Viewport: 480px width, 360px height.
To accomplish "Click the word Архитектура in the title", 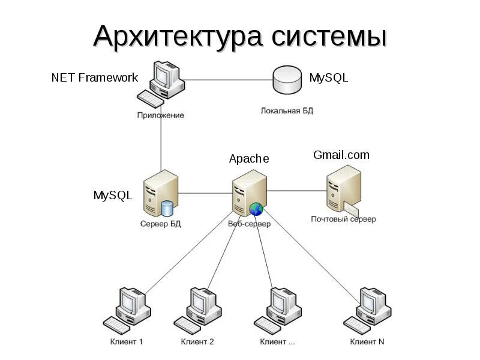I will pos(178,37).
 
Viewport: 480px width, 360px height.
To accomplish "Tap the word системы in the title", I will pos(329,37).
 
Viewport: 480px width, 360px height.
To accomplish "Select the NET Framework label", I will pos(95,78).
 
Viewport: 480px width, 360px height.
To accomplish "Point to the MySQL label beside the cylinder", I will pos(328,78).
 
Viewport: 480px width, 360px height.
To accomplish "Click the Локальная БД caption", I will pos(287,111).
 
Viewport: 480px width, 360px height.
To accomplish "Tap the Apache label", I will pos(249,159).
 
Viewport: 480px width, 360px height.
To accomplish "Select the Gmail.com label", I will pos(341,155).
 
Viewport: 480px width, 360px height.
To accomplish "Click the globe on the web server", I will pos(256,209).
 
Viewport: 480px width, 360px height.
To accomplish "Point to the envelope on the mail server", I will pos(350,208).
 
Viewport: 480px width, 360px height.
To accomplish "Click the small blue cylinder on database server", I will pos(167,208).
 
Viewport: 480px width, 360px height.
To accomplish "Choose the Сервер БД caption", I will pos(160,224).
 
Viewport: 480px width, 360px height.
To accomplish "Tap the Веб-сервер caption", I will pos(249,224).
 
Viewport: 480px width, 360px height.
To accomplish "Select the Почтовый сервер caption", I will pos(343,219).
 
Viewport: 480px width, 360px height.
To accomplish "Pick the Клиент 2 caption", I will pos(197,342).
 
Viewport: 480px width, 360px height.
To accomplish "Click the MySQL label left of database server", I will pos(112,195).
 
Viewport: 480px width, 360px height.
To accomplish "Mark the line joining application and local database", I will pos(228,79).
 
